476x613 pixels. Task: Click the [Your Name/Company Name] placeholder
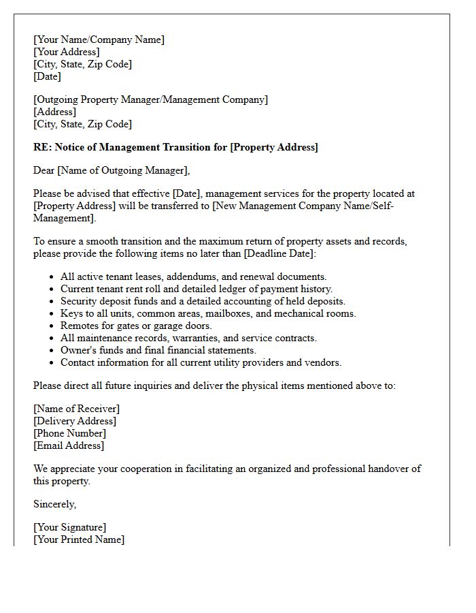point(99,40)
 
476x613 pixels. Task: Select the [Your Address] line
point(66,52)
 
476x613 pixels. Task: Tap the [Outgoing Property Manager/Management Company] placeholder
point(150,99)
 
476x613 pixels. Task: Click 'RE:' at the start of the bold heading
point(42,147)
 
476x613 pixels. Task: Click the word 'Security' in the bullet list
point(79,301)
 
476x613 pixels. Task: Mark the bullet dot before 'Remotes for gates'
point(52,326)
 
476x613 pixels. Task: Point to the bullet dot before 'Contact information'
point(52,363)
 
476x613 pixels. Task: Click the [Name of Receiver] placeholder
point(76,409)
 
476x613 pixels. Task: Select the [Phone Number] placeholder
point(69,433)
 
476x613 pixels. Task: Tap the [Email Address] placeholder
point(69,445)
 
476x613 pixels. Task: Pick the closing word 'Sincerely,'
point(55,504)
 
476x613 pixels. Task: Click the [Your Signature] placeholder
point(69,527)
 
